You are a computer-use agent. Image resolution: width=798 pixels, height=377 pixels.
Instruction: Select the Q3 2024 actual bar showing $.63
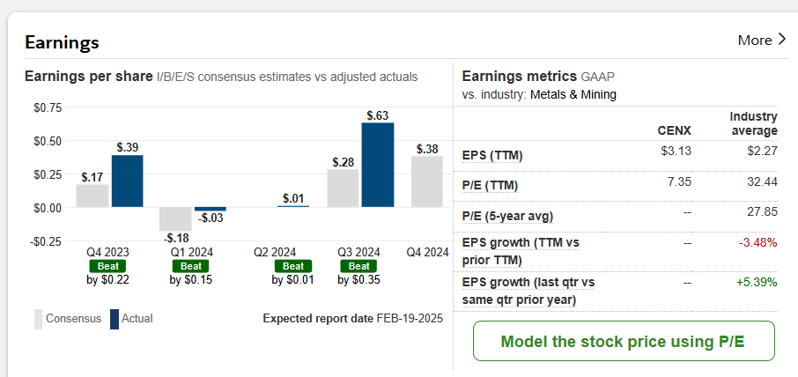click(x=377, y=165)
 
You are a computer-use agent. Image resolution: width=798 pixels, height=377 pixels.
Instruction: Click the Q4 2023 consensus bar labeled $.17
click(x=92, y=196)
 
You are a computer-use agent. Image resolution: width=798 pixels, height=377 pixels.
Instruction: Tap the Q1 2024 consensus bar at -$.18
click(x=175, y=218)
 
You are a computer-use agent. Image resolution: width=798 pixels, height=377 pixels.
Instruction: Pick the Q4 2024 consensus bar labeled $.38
click(x=427, y=181)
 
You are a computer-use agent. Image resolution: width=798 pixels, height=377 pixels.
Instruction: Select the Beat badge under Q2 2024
click(x=293, y=266)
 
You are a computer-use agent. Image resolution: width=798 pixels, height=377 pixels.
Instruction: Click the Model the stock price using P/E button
click(x=624, y=342)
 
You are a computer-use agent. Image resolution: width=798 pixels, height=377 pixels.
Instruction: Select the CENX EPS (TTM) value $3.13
click(x=676, y=151)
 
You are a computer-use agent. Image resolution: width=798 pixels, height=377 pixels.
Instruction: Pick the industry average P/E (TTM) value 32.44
click(x=760, y=181)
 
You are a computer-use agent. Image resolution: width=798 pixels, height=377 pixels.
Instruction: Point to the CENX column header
click(x=675, y=130)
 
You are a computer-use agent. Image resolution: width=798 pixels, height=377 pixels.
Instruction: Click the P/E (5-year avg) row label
click(x=508, y=217)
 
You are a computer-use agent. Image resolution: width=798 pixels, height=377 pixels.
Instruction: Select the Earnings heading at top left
click(x=62, y=41)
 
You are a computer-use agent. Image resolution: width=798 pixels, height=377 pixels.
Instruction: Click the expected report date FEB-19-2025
click(x=410, y=318)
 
